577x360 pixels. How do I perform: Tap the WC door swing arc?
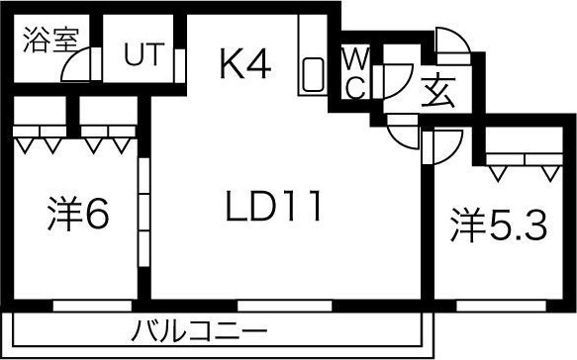tap(397, 78)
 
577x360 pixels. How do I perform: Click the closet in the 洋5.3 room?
tap(522, 158)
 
